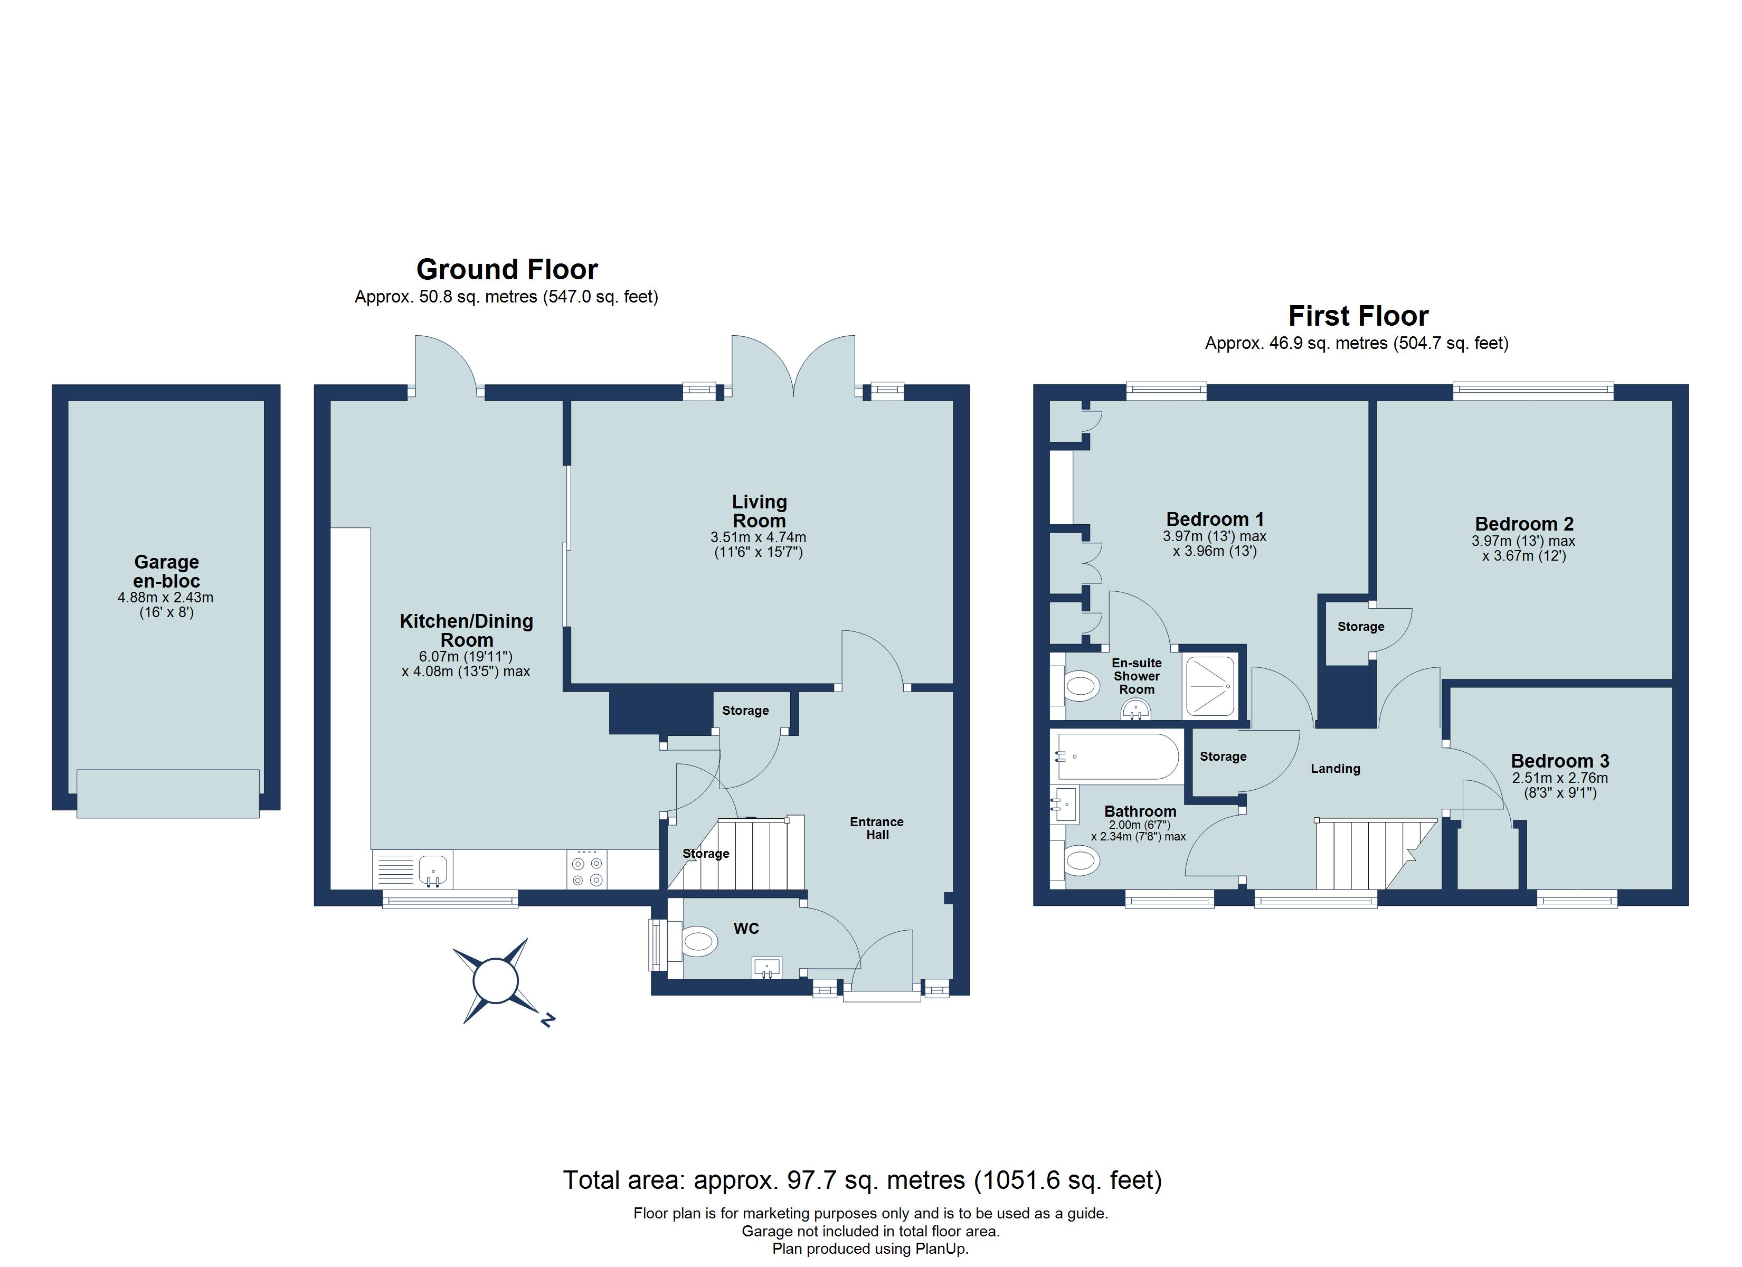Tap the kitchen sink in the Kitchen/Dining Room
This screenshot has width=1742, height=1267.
tap(434, 871)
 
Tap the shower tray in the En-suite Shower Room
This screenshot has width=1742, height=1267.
tap(1210, 685)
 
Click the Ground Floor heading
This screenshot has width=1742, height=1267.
tap(507, 270)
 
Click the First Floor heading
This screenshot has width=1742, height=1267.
tap(1358, 316)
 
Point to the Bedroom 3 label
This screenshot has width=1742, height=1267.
tap(1560, 761)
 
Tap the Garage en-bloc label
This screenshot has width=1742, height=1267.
tap(167, 572)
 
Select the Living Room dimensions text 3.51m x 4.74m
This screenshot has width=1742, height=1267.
tap(758, 537)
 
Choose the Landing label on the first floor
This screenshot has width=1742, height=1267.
tap(1335, 768)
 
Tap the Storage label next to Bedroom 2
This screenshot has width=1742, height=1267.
tap(1360, 626)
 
